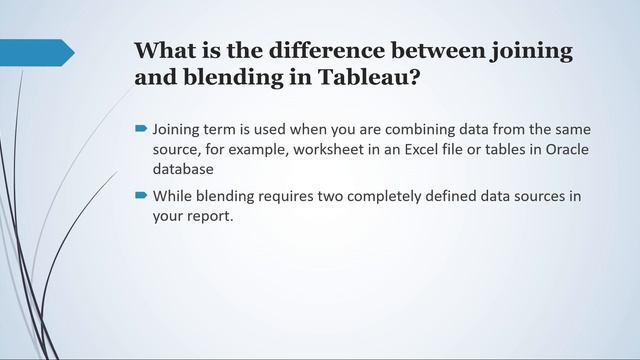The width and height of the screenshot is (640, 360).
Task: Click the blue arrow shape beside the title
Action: (37, 52)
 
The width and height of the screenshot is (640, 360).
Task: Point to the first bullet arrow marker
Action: (142, 130)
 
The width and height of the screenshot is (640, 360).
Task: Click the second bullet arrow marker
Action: (142, 196)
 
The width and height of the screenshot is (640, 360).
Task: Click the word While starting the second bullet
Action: (175, 196)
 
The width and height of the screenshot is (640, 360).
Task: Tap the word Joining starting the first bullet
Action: (181, 130)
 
